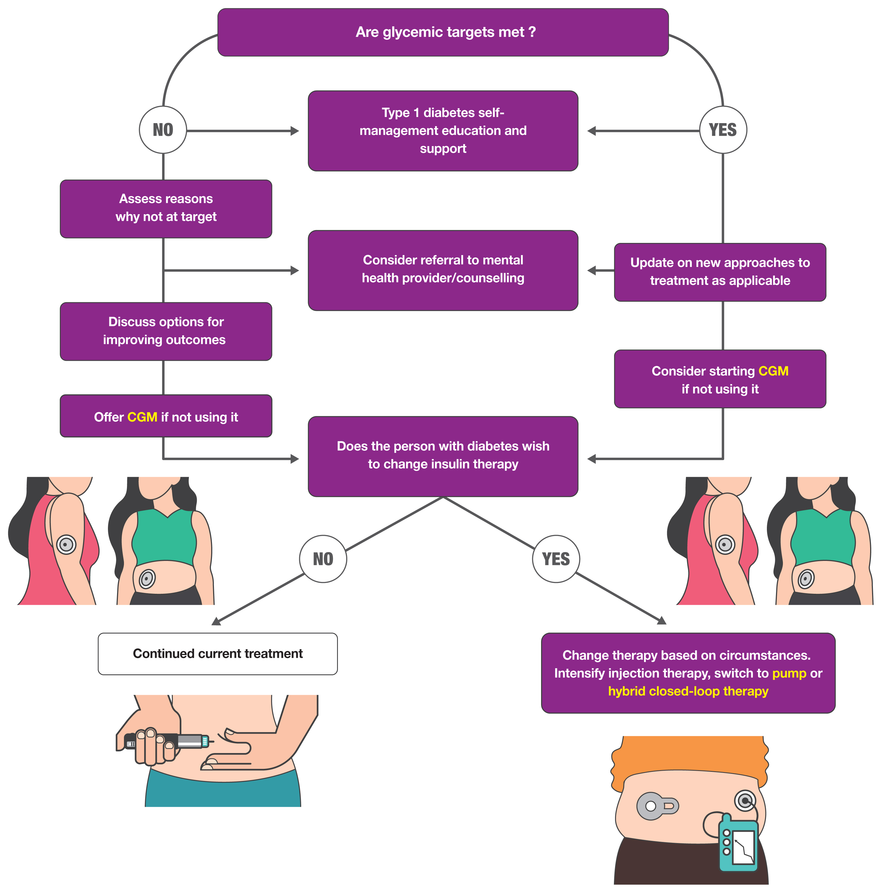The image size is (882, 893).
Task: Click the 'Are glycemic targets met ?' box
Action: (x=443, y=32)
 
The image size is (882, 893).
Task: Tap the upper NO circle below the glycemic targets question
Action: (x=163, y=130)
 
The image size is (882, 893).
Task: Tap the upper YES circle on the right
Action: (x=722, y=130)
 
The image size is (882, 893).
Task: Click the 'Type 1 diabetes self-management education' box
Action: (x=443, y=131)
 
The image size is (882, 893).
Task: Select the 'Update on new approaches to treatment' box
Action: (x=719, y=272)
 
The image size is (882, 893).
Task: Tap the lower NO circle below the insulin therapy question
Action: (x=323, y=558)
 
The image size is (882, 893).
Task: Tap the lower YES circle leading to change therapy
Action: (x=556, y=558)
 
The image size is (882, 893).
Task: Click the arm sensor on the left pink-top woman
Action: (x=66, y=544)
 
